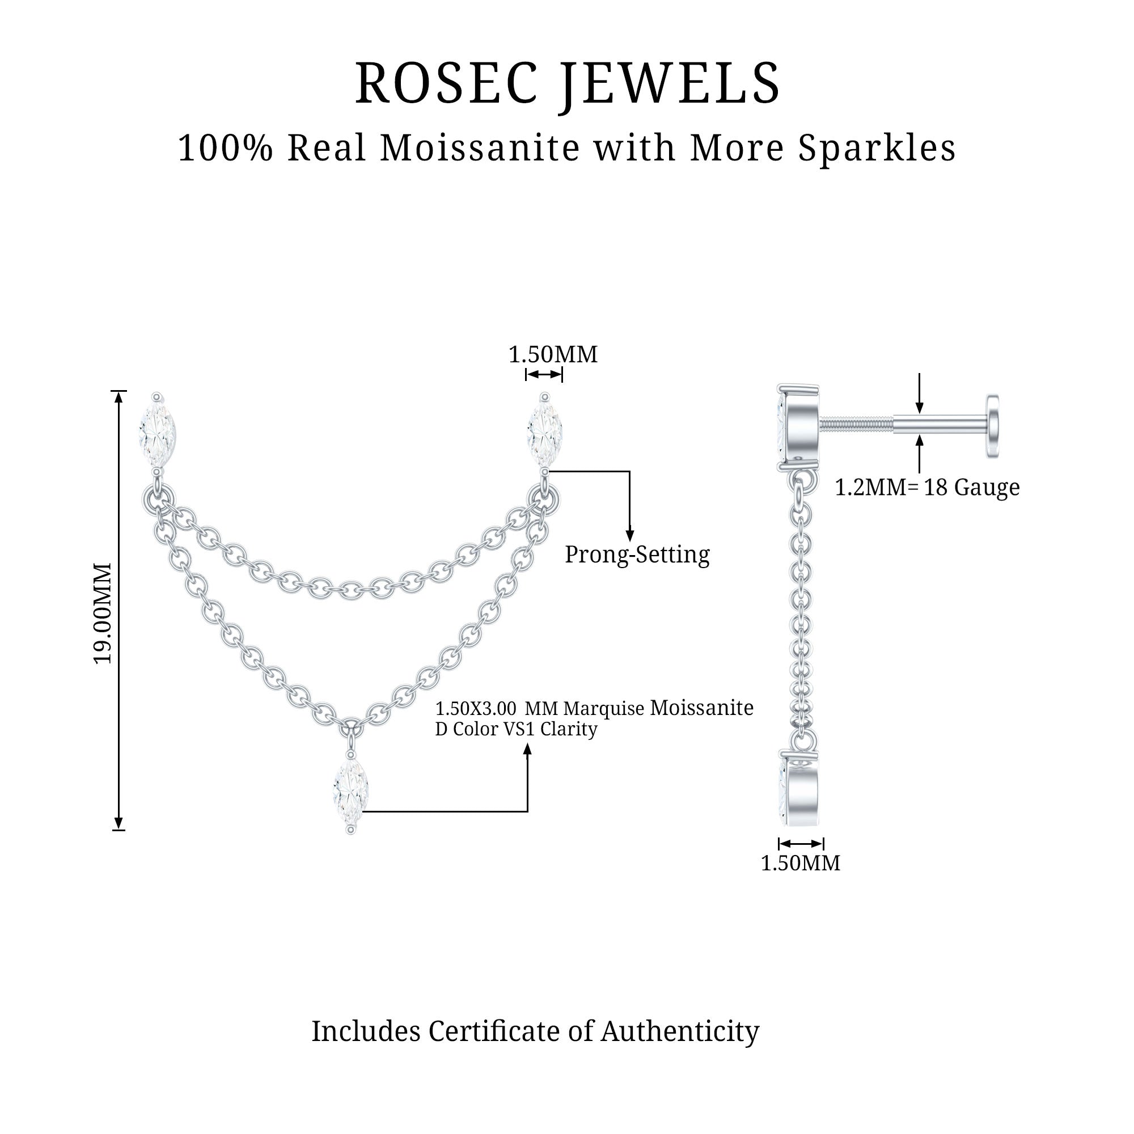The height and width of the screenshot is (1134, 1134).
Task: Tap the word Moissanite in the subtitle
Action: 481,148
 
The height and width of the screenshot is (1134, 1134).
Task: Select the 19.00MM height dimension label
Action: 103,613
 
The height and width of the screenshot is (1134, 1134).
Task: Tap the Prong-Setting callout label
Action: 637,554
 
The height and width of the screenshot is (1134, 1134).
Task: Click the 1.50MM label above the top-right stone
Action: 552,354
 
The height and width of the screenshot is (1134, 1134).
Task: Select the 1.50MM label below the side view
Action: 800,863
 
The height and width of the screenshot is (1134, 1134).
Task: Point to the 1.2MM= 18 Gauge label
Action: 927,487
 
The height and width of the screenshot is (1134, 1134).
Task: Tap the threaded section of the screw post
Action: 856,424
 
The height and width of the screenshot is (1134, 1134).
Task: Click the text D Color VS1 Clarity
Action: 516,729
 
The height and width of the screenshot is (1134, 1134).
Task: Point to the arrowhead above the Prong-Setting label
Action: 630,535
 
